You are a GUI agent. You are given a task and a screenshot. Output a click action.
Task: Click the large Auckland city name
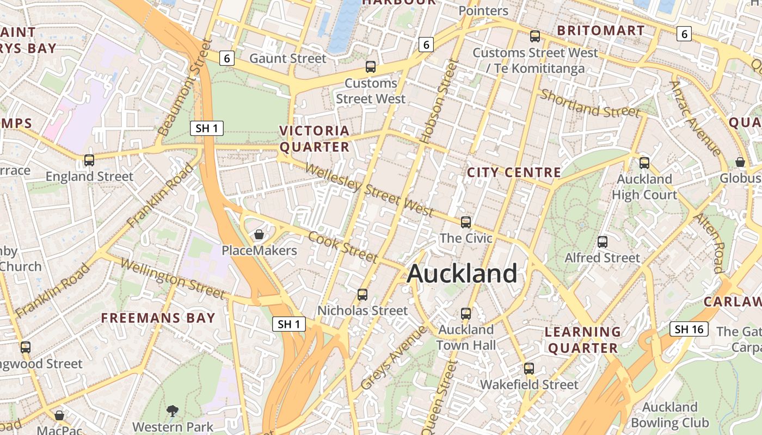click(x=462, y=273)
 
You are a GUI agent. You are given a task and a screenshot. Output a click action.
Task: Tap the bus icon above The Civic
click(x=466, y=222)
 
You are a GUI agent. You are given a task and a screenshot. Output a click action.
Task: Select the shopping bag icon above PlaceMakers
click(x=259, y=234)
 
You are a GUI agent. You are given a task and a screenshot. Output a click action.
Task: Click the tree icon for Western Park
click(x=173, y=411)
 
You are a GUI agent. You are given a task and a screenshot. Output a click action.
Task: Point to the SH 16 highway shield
click(x=689, y=329)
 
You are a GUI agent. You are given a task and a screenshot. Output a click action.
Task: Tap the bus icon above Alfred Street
click(x=602, y=242)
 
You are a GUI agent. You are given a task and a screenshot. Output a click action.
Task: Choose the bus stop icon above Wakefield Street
click(x=529, y=369)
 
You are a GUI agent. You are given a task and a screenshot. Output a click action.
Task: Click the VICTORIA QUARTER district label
click(x=315, y=139)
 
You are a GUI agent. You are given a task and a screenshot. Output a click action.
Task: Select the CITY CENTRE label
click(x=514, y=173)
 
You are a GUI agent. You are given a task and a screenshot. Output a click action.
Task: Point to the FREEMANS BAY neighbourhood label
click(x=158, y=318)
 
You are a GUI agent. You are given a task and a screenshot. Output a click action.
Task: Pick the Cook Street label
click(x=343, y=246)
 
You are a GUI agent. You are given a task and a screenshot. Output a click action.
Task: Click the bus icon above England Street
click(x=89, y=160)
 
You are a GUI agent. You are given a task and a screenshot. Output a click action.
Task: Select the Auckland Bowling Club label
click(x=669, y=415)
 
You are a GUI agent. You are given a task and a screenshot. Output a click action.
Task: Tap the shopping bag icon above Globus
click(x=740, y=162)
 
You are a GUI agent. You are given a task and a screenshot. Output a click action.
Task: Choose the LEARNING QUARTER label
click(x=583, y=340)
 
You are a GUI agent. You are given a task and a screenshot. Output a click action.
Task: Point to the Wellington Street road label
click(x=172, y=279)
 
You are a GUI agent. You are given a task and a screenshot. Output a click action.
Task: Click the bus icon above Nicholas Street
click(x=362, y=295)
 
